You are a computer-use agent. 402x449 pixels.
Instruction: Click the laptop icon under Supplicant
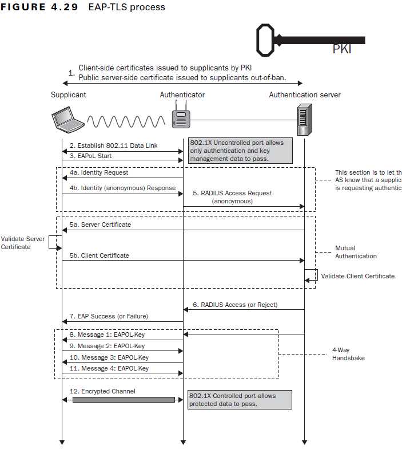[67, 120]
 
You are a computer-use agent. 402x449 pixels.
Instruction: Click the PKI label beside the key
[342, 49]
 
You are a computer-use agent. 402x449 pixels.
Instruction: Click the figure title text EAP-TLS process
[127, 7]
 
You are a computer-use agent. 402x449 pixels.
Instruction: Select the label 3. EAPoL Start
[90, 156]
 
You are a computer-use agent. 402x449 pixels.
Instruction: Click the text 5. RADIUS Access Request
[232, 194]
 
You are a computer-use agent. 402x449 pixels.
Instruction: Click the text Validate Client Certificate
[357, 276]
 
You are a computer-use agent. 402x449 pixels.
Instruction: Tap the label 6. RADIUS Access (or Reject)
[235, 305]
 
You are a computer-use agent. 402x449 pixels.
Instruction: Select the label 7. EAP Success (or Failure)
[109, 316]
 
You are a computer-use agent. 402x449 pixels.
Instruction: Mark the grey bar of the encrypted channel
[124, 399]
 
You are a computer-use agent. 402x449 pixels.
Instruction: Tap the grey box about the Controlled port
[240, 400]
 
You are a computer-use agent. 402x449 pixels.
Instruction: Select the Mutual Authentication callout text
[356, 253]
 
